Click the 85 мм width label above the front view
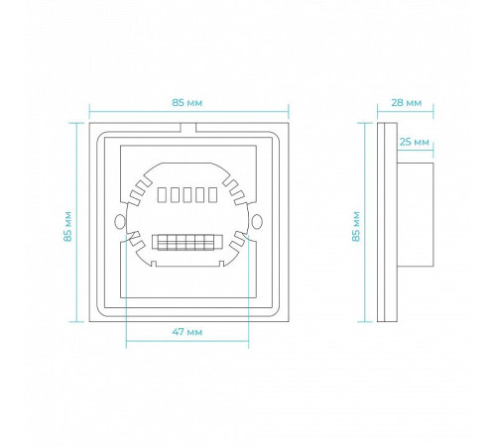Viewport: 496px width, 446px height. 186,103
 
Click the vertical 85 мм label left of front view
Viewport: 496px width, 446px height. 67,227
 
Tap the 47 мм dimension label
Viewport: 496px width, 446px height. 187,332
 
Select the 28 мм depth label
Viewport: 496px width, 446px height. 407,103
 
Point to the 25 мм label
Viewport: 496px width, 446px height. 415,142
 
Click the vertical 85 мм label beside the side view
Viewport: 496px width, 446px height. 356,227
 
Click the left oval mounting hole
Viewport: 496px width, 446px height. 119,222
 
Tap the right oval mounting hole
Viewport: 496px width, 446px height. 257,222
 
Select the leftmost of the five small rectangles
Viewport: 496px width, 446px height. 162,195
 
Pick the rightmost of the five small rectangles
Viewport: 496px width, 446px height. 212,195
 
